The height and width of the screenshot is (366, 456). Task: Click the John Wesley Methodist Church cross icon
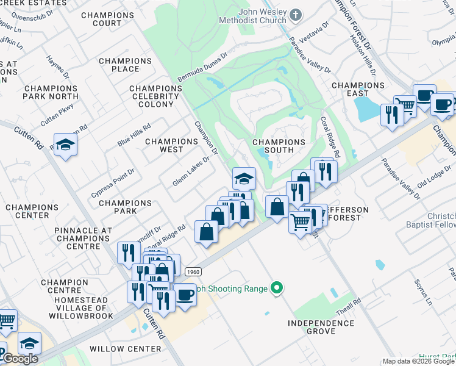point(295,14)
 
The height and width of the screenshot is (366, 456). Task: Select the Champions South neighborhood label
point(279,146)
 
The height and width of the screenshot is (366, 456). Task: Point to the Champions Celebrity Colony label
point(156,96)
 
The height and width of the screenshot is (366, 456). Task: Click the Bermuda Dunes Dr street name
point(202,68)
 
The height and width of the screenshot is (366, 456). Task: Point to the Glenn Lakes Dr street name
point(191,171)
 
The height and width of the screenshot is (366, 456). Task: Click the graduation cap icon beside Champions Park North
point(65,145)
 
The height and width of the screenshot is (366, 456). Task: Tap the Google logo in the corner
point(20,359)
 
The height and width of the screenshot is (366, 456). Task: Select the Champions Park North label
point(51,92)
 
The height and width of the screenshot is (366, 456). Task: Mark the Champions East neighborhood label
point(358,89)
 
